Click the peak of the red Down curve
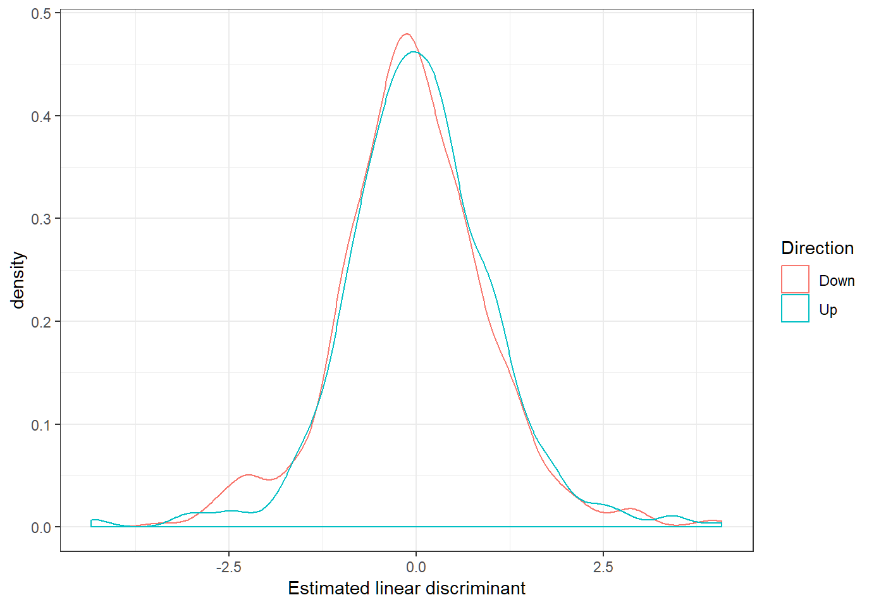pos(407,34)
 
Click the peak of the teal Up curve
pos(414,52)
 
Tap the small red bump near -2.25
pos(248,474)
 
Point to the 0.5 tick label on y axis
pos(41,13)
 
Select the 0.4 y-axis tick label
pos(41,116)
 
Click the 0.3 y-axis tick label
pos(41,219)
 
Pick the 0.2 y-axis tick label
pos(41,322)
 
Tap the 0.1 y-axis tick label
pos(41,425)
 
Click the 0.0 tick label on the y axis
pos(41,527)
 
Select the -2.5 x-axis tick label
pos(228,567)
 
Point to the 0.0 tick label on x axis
pos(415,567)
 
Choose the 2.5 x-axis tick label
pos(603,567)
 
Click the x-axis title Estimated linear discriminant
pos(406,588)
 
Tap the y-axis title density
pos(18,280)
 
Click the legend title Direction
pos(817,248)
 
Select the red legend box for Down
pos(795,279)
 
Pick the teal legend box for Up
pos(795,309)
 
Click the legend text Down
pos(837,281)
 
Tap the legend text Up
pos(828,310)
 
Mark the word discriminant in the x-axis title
pos(475,588)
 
